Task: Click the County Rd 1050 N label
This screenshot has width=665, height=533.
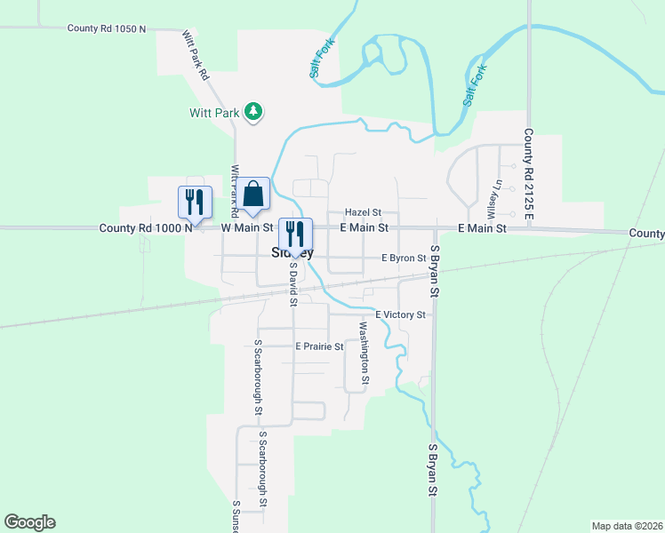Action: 106,28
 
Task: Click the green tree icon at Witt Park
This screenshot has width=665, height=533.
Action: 255,111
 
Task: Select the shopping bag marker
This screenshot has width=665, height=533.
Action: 253,195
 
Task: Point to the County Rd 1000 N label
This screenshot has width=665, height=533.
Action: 146,228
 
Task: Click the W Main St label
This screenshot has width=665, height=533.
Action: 246,228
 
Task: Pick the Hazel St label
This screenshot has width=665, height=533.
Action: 363,213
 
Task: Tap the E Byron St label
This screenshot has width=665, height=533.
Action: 405,258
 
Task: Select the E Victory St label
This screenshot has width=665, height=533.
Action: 400,314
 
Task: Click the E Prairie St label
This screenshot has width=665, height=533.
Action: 319,346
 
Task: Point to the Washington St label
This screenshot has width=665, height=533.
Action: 364,353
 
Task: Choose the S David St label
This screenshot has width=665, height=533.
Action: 292,283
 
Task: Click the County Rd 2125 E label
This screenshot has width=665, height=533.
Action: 528,176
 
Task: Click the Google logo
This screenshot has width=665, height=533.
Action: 29,522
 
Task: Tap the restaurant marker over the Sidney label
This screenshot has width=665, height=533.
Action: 296,234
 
